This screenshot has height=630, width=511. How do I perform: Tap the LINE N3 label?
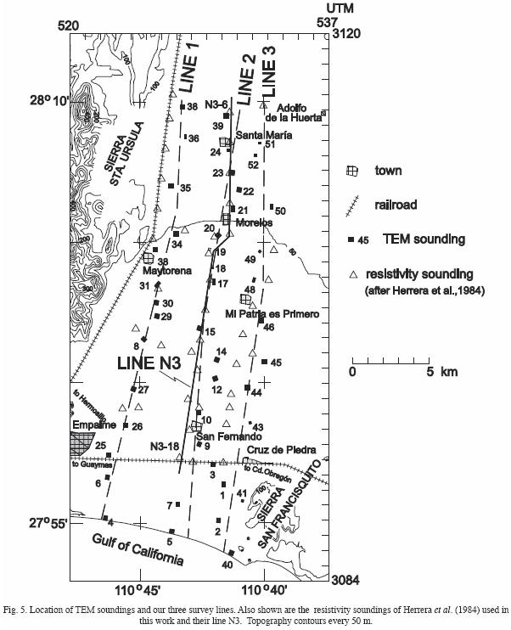[x=150, y=363]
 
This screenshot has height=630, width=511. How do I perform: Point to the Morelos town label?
[x=255, y=222]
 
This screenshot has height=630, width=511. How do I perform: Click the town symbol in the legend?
[x=351, y=170]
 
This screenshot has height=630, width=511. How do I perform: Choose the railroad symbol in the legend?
[x=350, y=205]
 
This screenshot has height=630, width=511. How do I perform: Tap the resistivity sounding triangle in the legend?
[x=350, y=275]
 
